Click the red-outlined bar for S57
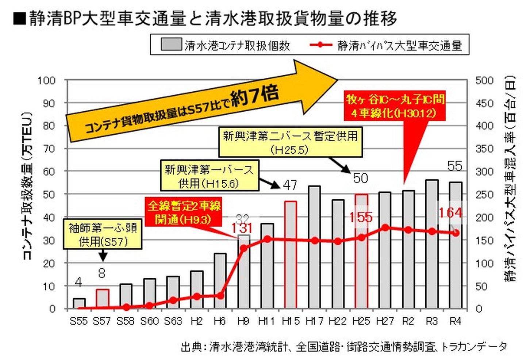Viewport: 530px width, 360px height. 103,299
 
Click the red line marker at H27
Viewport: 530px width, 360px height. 385,228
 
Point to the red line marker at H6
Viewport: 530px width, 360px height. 220,296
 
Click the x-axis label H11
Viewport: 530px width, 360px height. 266,321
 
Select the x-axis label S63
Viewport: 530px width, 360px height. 173,321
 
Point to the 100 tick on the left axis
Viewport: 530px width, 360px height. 47,80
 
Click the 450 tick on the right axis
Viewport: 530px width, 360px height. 484,103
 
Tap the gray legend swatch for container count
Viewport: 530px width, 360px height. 171,45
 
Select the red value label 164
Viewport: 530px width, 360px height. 450,212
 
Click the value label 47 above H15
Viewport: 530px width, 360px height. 290,185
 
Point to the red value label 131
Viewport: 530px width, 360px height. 242,228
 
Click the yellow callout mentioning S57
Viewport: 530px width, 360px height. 103,234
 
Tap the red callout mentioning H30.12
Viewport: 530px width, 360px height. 395,106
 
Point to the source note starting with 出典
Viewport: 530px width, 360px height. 343,346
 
